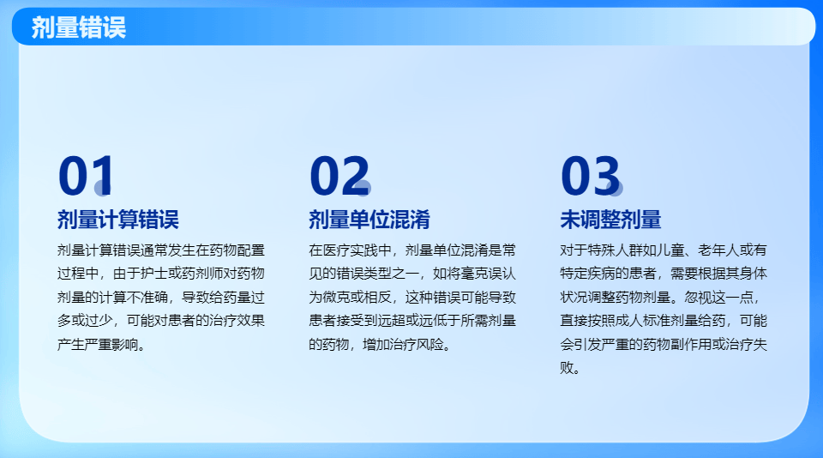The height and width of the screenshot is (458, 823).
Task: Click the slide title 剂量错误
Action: coord(78,27)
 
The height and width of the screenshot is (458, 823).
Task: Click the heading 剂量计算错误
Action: coord(117,220)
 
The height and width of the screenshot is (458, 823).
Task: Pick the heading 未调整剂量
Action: coord(610,220)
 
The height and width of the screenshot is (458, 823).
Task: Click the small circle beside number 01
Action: coord(103,188)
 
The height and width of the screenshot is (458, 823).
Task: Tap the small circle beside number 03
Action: coord(613,188)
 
